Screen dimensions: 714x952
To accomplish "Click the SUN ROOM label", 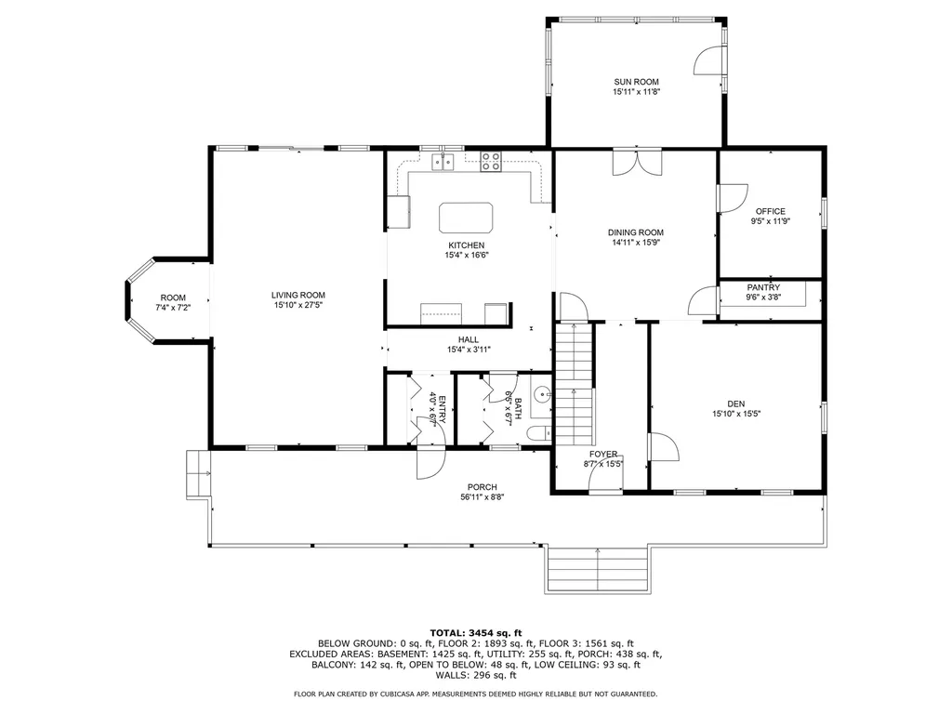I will tap(636, 82).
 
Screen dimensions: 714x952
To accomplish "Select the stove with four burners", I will tap(490, 163).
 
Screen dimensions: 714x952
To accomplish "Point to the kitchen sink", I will tap(443, 163).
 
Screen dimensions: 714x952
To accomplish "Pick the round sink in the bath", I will tap(542, 391).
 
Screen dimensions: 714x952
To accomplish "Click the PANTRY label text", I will tap(763, 288).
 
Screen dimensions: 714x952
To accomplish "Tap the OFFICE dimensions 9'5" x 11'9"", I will tap(770, 222).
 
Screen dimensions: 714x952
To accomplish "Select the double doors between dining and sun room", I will tap(636, 162).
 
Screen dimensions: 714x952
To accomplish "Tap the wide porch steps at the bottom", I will tap(596, 566).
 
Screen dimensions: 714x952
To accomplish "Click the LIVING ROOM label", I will tap(298, 295).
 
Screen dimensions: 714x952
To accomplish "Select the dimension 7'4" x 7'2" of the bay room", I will tap(173, 308).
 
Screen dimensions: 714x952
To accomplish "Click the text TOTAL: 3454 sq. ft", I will tap(475, 632).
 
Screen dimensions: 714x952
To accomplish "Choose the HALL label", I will tap(468, 339).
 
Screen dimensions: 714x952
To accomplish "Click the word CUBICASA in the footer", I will tap(420, 694).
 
